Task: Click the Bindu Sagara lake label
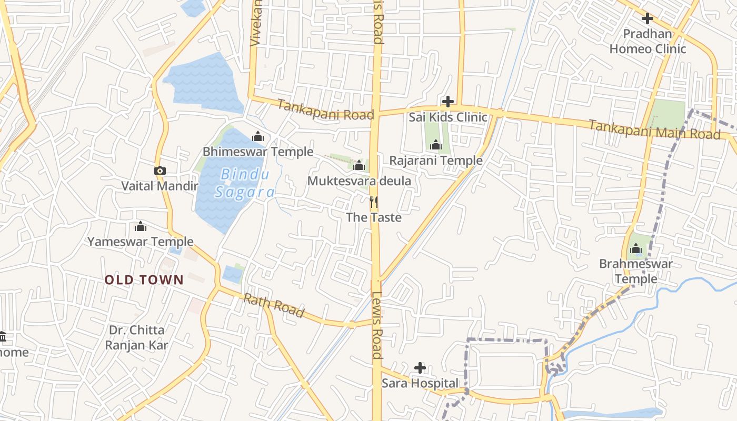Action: pyautogui.click(x=245, y=183)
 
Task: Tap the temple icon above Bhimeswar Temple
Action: pyautogui.click(x=258, y=137)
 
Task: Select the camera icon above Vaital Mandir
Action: pyautogui.click(x=160, y=171)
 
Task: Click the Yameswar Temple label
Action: pyautogui.click(x=141, y=242)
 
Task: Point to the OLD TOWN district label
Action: pyautogui.click(x=144, y=280)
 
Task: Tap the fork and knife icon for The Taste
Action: pyautogui.click(x=374, y=201)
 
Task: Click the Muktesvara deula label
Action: pyautogui.click(x=359, y=181)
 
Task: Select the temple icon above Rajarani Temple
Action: pyautogui.click(x=436, y=145)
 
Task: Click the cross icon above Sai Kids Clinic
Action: pyautogui.click(x=448, y=101)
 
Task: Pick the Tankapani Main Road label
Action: pyautogui.click(x=654, y=129)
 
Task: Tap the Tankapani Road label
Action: pyautogui.click(x=325, y=110)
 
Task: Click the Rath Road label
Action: pyautogui.click(x=274, y=306)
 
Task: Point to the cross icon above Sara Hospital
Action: pyautogui.click(x=420, y=367)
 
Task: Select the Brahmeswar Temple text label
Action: pyautogui.click(x=636, y=271)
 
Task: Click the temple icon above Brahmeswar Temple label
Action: pyautogui.click(x=636, y=248)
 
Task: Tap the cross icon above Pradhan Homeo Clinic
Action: pyautogui.click(x=648, y=18)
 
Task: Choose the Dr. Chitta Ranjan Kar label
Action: pyautogui.click(x=136, y=338)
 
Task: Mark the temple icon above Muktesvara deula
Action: pyautogui.click(x=359, y=166)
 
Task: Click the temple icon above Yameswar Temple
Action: pyautogui.click(x=141, y=226)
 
